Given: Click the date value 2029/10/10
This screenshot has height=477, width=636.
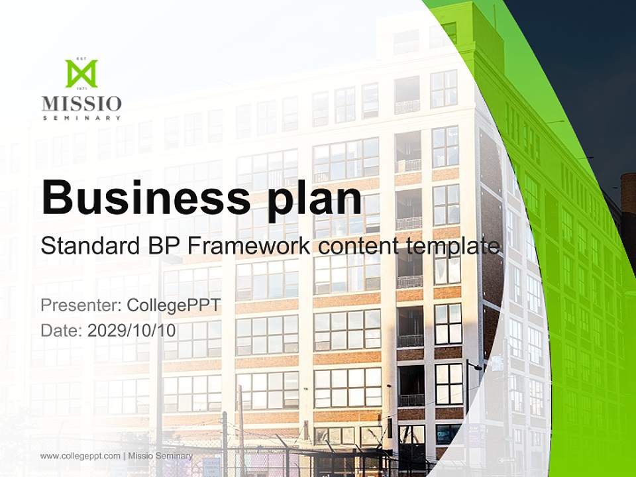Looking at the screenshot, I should click(x=132, y=331).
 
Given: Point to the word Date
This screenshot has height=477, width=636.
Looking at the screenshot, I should click(x=60, y=331).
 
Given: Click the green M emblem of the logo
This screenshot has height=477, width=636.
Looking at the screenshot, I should click(x=81, y=74).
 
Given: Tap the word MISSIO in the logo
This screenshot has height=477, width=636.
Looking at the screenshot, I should click(x=81, y=104).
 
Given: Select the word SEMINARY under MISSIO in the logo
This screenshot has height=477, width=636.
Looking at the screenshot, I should click(x=81, y=118).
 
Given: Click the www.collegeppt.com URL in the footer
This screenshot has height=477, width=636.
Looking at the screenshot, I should click(x=80, y=456).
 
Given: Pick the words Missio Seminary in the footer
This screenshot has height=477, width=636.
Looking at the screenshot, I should click(x=160, y=456).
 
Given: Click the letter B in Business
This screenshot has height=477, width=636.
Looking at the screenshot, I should click(x=56, y=197).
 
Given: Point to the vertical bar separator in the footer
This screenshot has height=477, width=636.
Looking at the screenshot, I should click(x=125, y=456).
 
